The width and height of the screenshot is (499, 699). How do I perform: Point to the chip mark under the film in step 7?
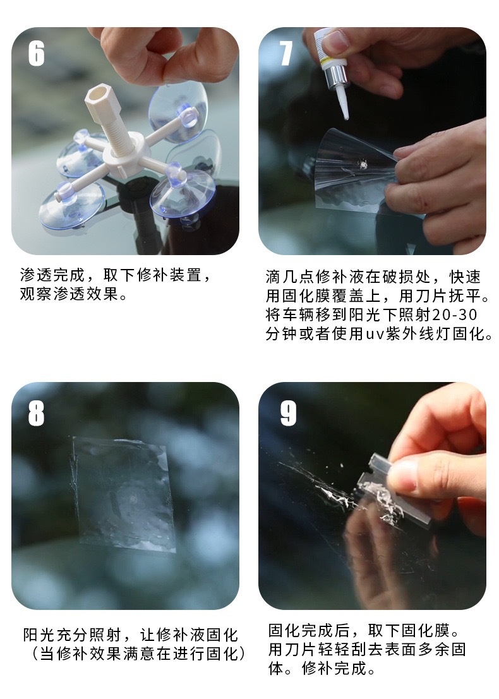pyautogui.click(x=363, y=164)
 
